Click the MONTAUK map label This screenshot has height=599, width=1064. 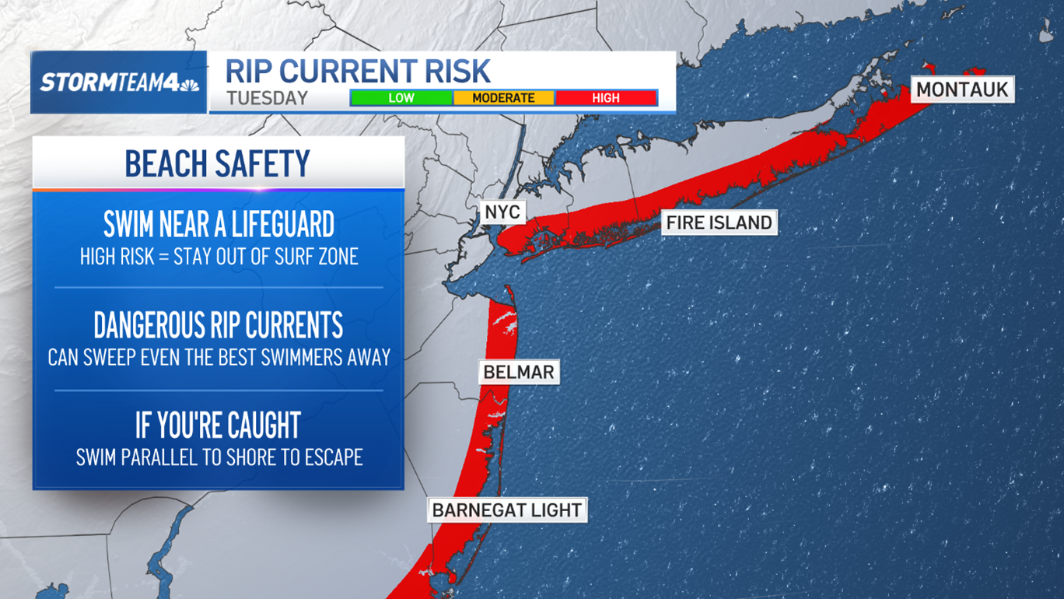(962, 89)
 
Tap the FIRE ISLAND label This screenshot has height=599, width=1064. (719, 222)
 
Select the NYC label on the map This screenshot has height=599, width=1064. (502, 212)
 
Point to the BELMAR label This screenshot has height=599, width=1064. (518, 372)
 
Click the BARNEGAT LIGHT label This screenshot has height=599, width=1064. (506, 510)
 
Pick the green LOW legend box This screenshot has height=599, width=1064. (401, 98)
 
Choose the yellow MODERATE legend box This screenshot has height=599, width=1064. (503, 98)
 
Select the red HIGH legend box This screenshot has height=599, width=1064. (605, 98)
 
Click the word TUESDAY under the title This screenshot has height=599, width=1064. (268, 99)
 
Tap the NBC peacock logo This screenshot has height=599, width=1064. (190, 83)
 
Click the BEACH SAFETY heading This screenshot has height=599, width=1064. (218, 163)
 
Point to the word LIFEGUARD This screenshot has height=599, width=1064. (280, 225)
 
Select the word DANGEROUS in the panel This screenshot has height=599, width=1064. (151, 325)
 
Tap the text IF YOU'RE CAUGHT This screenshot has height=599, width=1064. (218, 426)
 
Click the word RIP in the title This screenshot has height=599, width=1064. (250, 72)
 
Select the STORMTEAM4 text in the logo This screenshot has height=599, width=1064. (110, 83)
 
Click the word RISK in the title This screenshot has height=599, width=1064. (460, 72)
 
